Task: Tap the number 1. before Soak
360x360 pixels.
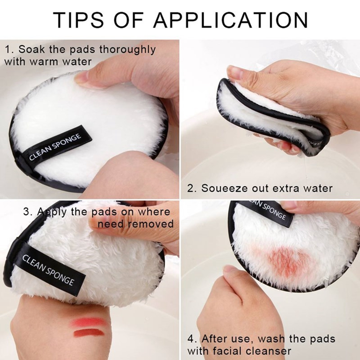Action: (9, 49)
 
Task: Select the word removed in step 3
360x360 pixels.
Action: (155, 224)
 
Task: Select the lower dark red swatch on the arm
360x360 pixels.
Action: (88, 332)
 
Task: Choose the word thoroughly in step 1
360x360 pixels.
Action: (127, 49)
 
